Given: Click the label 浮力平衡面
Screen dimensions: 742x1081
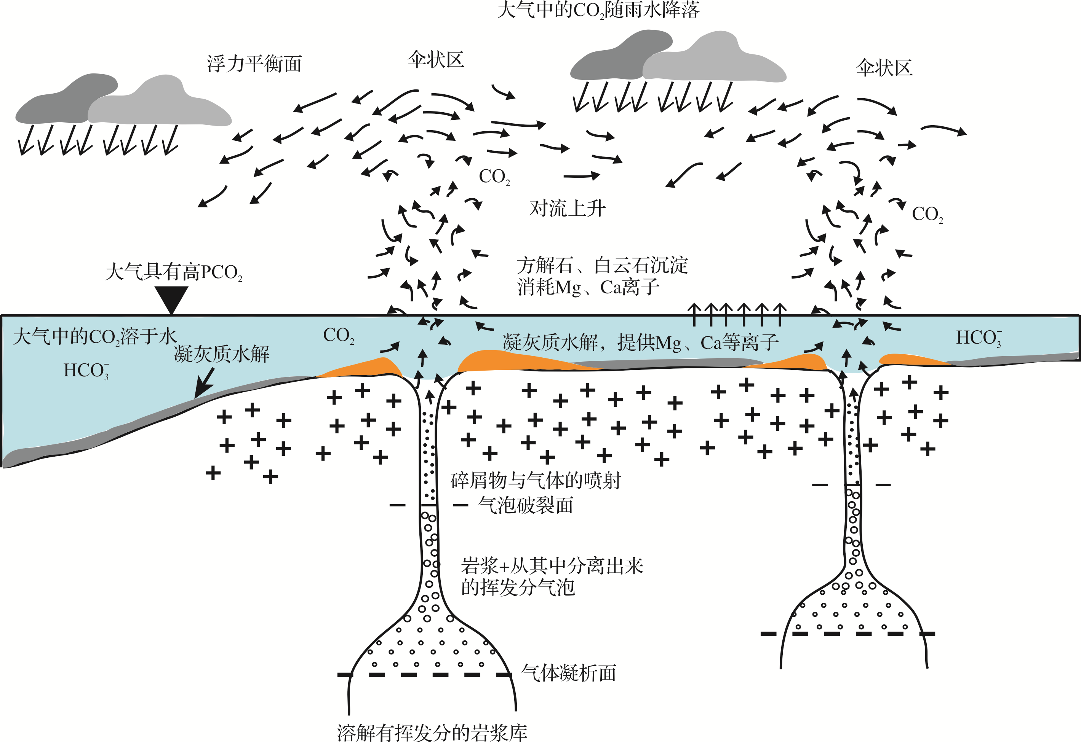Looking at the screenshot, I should pos(254,64).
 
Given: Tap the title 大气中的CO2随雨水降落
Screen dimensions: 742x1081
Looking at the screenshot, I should pos(598,10).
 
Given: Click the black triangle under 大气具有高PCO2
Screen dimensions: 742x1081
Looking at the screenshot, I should pos(171,299).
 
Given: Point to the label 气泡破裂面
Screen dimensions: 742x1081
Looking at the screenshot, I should pos(526,505).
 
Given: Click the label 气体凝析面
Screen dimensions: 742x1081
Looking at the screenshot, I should pos(569,673).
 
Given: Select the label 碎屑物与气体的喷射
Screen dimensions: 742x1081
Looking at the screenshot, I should pos(536,480).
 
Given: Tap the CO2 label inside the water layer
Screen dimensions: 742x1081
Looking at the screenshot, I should pos(339,336).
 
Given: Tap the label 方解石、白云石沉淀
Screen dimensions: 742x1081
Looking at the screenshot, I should pos(602,266).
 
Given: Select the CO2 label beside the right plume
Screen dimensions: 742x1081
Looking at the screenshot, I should pos(927,214).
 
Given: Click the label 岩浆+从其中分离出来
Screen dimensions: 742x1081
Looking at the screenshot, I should pos(552,566).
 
